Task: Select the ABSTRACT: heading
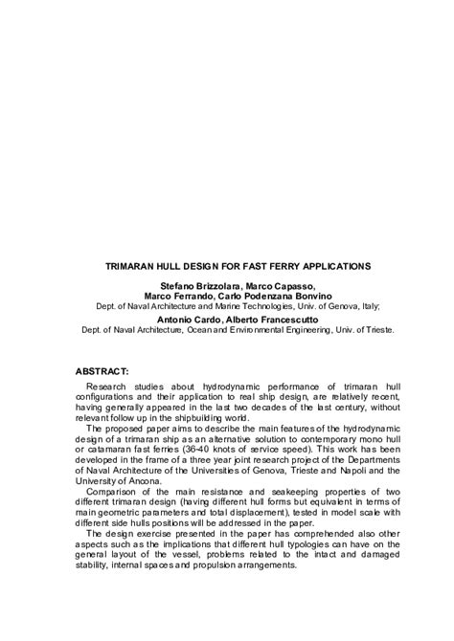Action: pos(108,369)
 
